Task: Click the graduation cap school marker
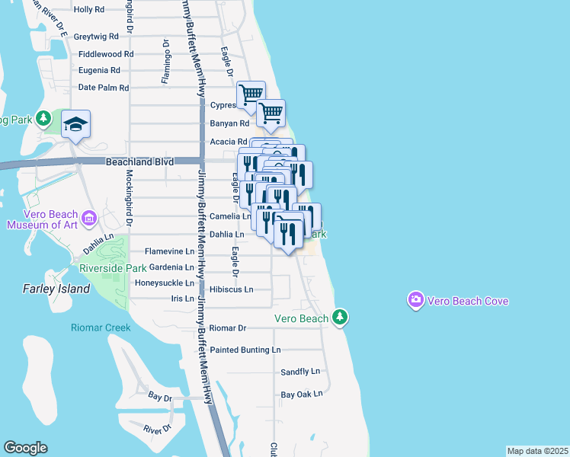(76, 123)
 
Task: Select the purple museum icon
(90, 219)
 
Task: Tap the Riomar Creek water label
(101, 328)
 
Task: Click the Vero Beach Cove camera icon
(415, 300)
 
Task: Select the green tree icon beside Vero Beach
(340, 317)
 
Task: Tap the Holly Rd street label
(89, 10)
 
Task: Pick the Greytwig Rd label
(97, 36)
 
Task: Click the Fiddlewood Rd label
(106, 54)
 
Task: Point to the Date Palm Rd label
(104, 88)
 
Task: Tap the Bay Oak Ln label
(302, 394)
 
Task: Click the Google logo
(25, 448)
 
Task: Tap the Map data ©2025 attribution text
(538, 451)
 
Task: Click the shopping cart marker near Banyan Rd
(271, 114)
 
